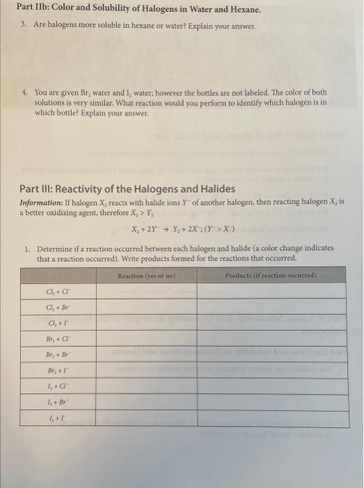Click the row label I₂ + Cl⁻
[56, 386]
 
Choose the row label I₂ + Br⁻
[56, 402]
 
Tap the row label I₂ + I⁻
[56, 418]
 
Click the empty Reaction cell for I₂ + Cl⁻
[146, 386]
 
